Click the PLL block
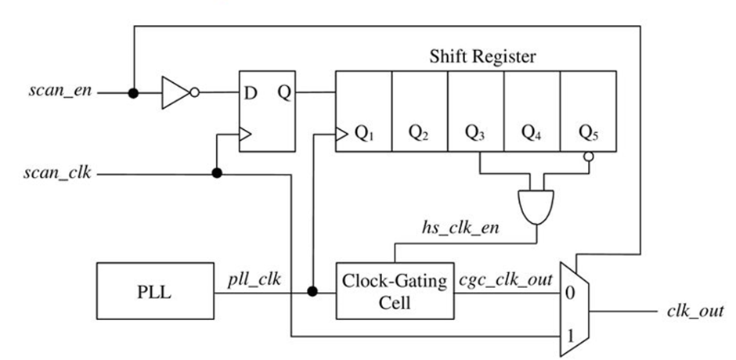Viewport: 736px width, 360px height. (x=155, y=291)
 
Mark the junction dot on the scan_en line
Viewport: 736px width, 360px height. (x=134, y=93)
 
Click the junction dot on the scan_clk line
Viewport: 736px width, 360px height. (x=217, y=173)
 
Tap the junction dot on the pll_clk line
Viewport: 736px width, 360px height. (x=312, y=292)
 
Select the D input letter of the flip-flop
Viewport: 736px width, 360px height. (x=251, y=93)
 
